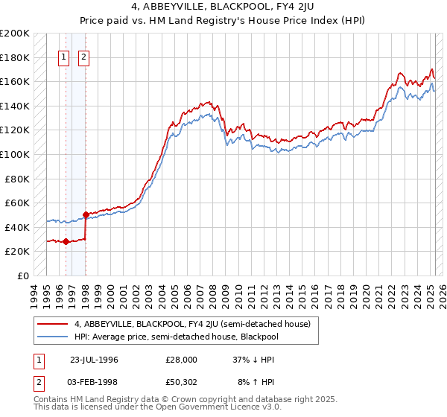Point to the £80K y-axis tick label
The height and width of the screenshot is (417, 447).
(x=16, y=179)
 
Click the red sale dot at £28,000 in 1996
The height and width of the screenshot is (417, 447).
(x=66, y=241)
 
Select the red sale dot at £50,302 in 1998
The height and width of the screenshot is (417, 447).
(x=86, y=215)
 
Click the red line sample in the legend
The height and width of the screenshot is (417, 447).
(x=52, y=323)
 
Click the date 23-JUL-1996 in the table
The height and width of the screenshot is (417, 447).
(x=94, y=360)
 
